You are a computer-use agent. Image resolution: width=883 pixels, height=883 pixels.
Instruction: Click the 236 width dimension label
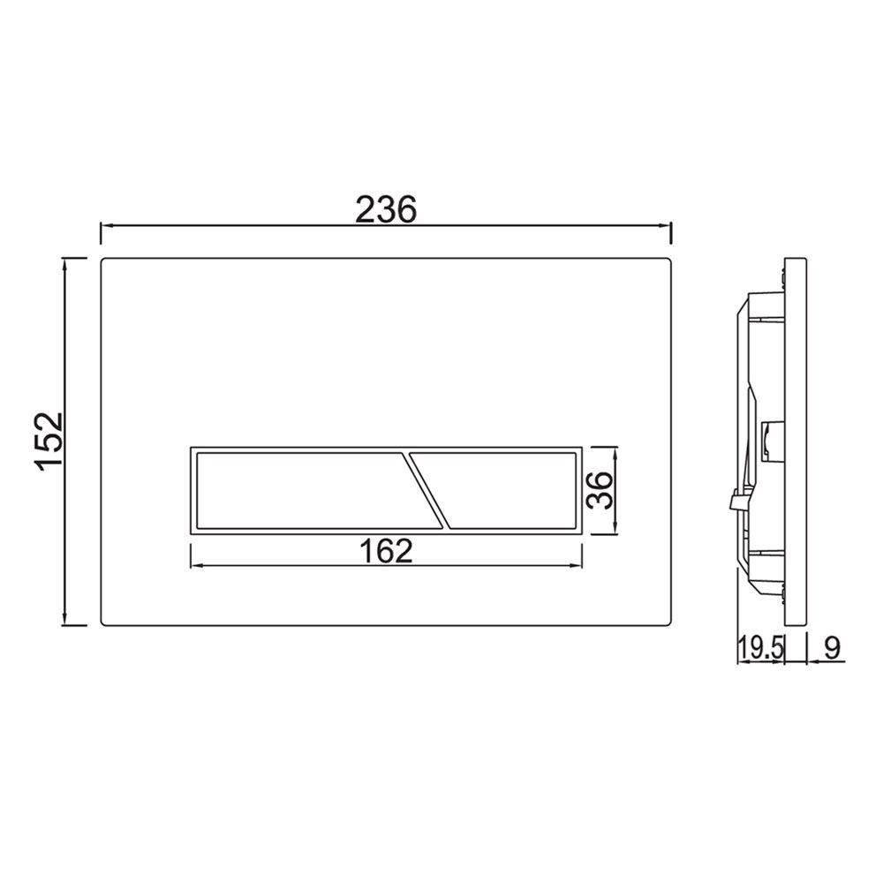[386, 209]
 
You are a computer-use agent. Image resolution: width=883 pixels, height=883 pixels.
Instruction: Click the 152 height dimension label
[49, 441]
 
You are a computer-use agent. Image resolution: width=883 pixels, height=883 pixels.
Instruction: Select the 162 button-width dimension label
[386, 551]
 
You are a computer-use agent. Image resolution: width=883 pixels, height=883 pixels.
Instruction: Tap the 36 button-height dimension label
[600, 490]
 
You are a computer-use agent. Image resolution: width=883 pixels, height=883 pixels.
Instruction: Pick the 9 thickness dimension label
[832, 648]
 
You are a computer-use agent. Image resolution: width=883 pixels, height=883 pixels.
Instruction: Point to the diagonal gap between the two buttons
[426, 490]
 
